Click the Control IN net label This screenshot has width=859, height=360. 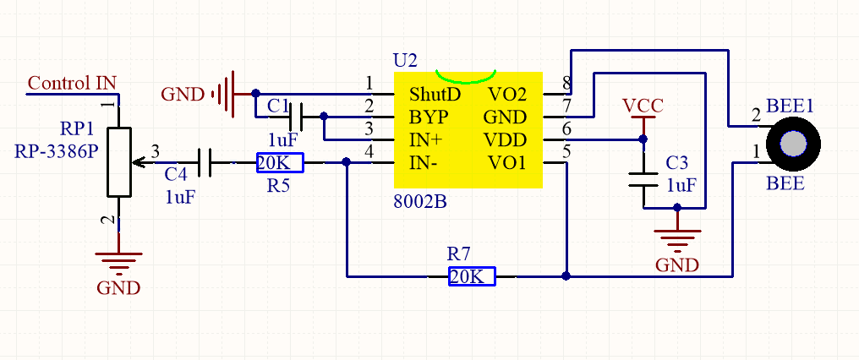point(72,84)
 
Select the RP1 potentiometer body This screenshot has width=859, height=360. point(119,162)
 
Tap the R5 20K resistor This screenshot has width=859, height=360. point(279,163)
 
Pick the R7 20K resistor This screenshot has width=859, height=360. point(472,276)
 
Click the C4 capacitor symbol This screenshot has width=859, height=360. point(204,163)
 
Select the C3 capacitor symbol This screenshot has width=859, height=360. point(643,180)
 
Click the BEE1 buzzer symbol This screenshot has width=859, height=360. point(793,145)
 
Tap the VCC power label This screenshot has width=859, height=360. point(643,105)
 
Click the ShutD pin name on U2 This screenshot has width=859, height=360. point(435,95)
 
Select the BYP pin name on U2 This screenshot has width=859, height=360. point(429,117)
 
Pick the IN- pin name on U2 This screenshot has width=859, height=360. point(424,163)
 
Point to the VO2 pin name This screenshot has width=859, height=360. point(507,95)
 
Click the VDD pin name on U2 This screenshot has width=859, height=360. point(506,140)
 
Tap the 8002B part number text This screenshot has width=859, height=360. point(420,202)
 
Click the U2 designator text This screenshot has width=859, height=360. point(405,60)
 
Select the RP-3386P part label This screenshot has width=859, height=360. point(57,150)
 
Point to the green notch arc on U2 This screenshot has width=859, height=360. point(466,79)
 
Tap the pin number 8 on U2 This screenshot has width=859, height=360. point(566,84)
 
